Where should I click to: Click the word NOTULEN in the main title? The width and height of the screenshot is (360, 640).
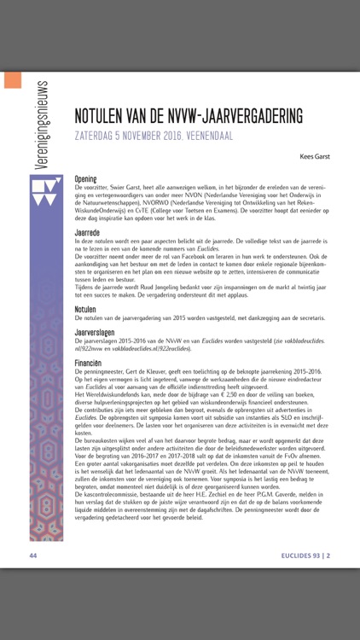pyautogui.click(x=104, y=115)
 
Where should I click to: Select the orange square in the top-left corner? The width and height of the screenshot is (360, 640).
pyautogui.click(x=13, y=80)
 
